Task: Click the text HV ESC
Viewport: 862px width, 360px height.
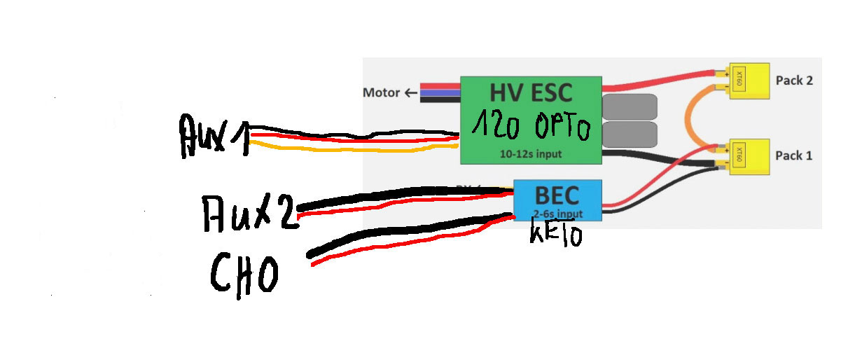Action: tap(530, 94)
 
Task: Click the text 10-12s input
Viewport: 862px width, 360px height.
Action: tap(530, 153)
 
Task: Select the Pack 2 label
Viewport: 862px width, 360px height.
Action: tap(794, 81)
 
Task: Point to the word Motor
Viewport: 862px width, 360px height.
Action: tap(381, 92)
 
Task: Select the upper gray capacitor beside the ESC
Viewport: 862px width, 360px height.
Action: tap(630, 107)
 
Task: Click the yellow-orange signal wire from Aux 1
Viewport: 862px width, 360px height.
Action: tap(350, 150)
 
